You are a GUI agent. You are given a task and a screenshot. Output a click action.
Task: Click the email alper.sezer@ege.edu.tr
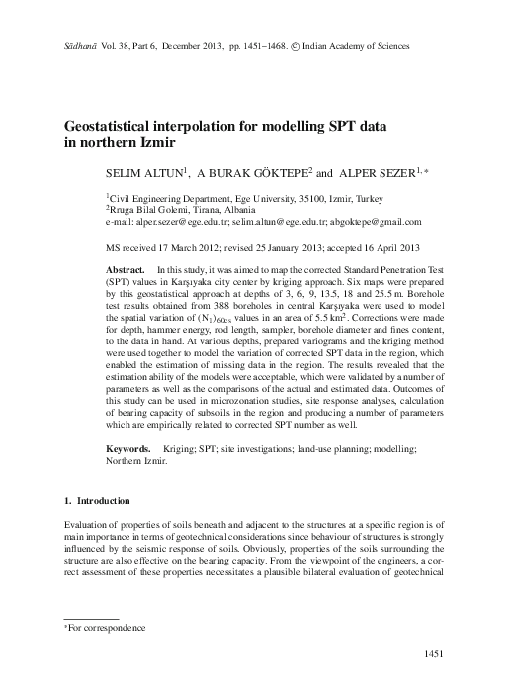(186, 223)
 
